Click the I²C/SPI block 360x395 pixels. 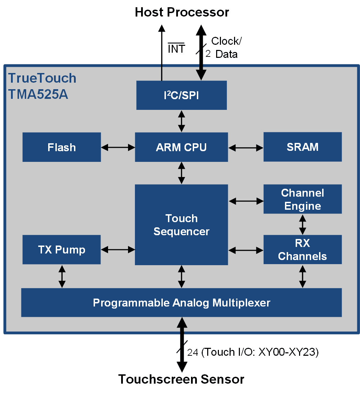click(181, 95)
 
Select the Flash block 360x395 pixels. click(62, 147)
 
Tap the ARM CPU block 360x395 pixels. click(181, 147)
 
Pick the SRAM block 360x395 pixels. click(303, 147)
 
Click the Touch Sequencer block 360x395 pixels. click(181, 225)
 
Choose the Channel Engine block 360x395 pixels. click(303, 199)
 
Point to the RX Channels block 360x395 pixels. click(303, 250)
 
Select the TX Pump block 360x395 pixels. click(62, 250)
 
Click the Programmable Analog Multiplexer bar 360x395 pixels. click(181, 303)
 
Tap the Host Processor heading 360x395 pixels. click(182, 12)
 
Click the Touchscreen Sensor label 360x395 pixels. click(181, 379)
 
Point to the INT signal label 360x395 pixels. click(177, 48)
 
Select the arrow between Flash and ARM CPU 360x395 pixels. click(118, 147)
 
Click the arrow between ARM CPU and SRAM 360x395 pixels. click(246, 148)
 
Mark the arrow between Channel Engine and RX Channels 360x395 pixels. click(303, 225)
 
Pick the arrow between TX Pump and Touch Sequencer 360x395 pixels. click(118, 250)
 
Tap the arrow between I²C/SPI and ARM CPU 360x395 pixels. click(181, 121)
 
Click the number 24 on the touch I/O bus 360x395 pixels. click(193, 352)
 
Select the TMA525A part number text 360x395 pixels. click(38, 94)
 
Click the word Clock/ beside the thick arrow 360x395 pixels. click(226, 41)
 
